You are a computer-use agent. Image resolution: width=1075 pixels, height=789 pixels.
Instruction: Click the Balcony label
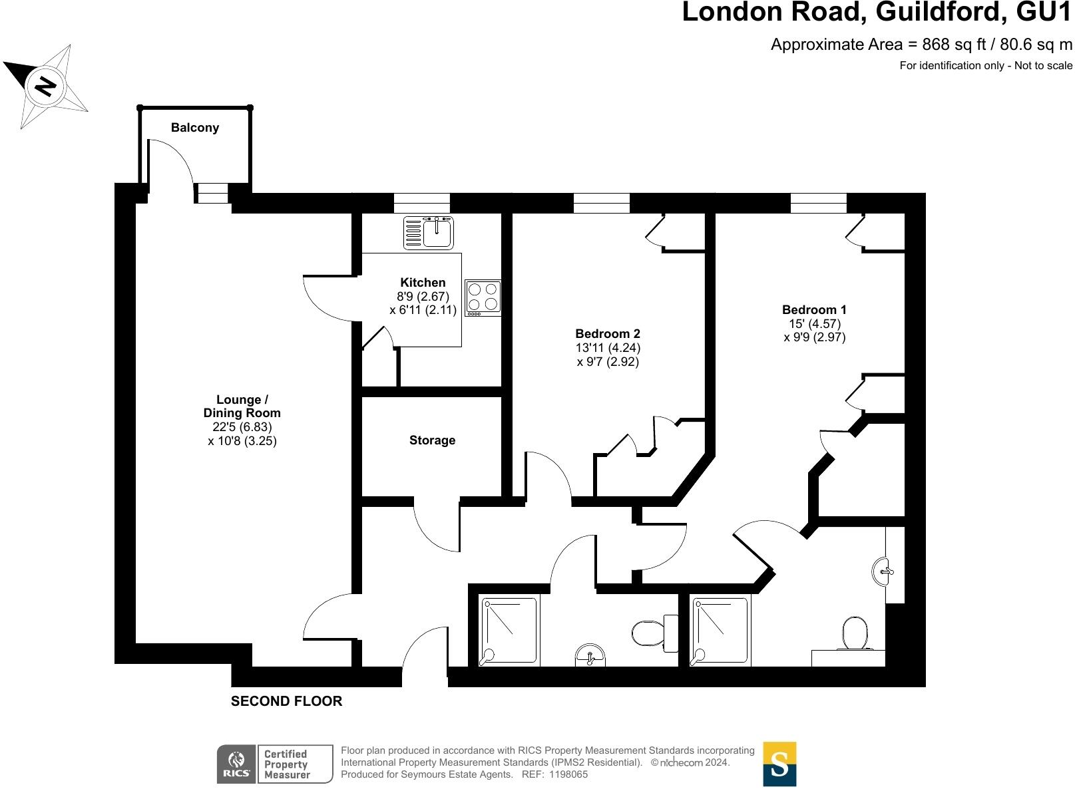pos(194,128)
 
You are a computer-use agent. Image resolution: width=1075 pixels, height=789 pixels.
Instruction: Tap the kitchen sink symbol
pos(428,232)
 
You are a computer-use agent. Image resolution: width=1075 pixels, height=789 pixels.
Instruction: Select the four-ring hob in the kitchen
pos(483,297)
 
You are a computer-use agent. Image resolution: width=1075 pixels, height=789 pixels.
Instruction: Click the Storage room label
pos(432,440)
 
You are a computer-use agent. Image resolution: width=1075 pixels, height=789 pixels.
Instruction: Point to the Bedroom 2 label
pos(607,333)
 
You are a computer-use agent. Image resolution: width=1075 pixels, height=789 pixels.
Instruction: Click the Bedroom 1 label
pos(814,309)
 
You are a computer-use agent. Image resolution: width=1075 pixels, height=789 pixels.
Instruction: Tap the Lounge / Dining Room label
pos(242,406)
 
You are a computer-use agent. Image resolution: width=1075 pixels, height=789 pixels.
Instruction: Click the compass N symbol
pos(46,86)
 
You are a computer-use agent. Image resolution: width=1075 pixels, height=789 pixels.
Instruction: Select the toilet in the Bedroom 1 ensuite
pos(854,633)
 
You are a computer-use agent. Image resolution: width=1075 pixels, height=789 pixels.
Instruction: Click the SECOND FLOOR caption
pos(286,701)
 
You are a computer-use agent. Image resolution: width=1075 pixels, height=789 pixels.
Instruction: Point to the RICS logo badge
pos(236,764)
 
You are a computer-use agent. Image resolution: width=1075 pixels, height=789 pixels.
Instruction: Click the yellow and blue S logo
pos(779,764)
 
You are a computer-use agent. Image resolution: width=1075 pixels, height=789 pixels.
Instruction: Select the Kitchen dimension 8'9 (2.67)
pos(423,297)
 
